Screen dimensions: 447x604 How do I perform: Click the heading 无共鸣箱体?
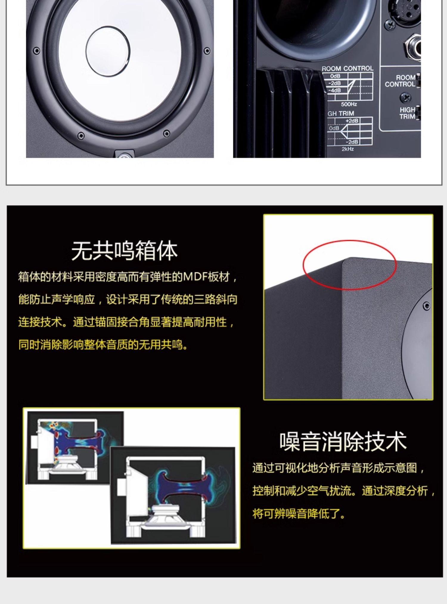click(x=124, y=251)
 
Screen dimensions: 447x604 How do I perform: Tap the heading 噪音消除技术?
click(x=343, y=441)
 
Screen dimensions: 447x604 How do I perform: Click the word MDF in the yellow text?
click(x=195, y=277)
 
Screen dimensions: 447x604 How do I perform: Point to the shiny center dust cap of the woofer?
click(x=108, y=51)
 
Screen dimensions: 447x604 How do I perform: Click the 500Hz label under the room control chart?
click(x=349, y=104)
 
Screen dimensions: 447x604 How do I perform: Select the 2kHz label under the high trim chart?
click(x=348, y=149)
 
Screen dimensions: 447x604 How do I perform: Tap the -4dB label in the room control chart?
click(x=335, y=90)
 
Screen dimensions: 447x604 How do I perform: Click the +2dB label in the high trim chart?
click(x=352, y=121)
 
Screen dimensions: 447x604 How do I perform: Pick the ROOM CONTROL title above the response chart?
click(x=347, y=69)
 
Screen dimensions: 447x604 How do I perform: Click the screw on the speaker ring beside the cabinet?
click(x=427, y=306)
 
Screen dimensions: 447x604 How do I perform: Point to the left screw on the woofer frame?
click(x=36, y=51)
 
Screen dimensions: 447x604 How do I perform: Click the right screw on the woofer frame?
click(x=207, y=51)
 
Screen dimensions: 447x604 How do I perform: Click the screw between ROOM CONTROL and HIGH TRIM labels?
click(x=405, y=97)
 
